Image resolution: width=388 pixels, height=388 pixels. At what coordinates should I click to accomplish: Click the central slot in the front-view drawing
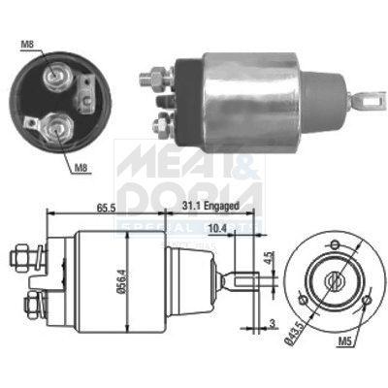tap(335, 280)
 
